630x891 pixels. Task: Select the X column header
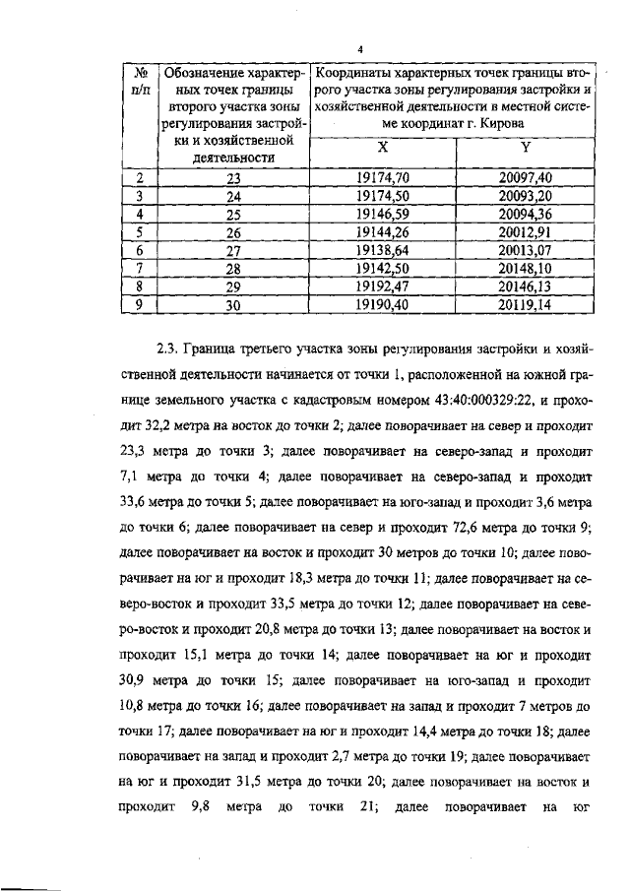pos(383,148)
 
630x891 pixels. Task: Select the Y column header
pos(525,148)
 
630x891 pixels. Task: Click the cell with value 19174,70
pos(383,178)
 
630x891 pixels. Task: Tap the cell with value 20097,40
pos(525,178)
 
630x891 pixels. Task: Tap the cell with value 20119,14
pos(525,304)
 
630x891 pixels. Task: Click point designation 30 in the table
pos(233,304)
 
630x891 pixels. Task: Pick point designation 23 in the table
pos(233,178)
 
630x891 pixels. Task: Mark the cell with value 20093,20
pos(525,196)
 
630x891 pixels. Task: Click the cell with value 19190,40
pos(383,304)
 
